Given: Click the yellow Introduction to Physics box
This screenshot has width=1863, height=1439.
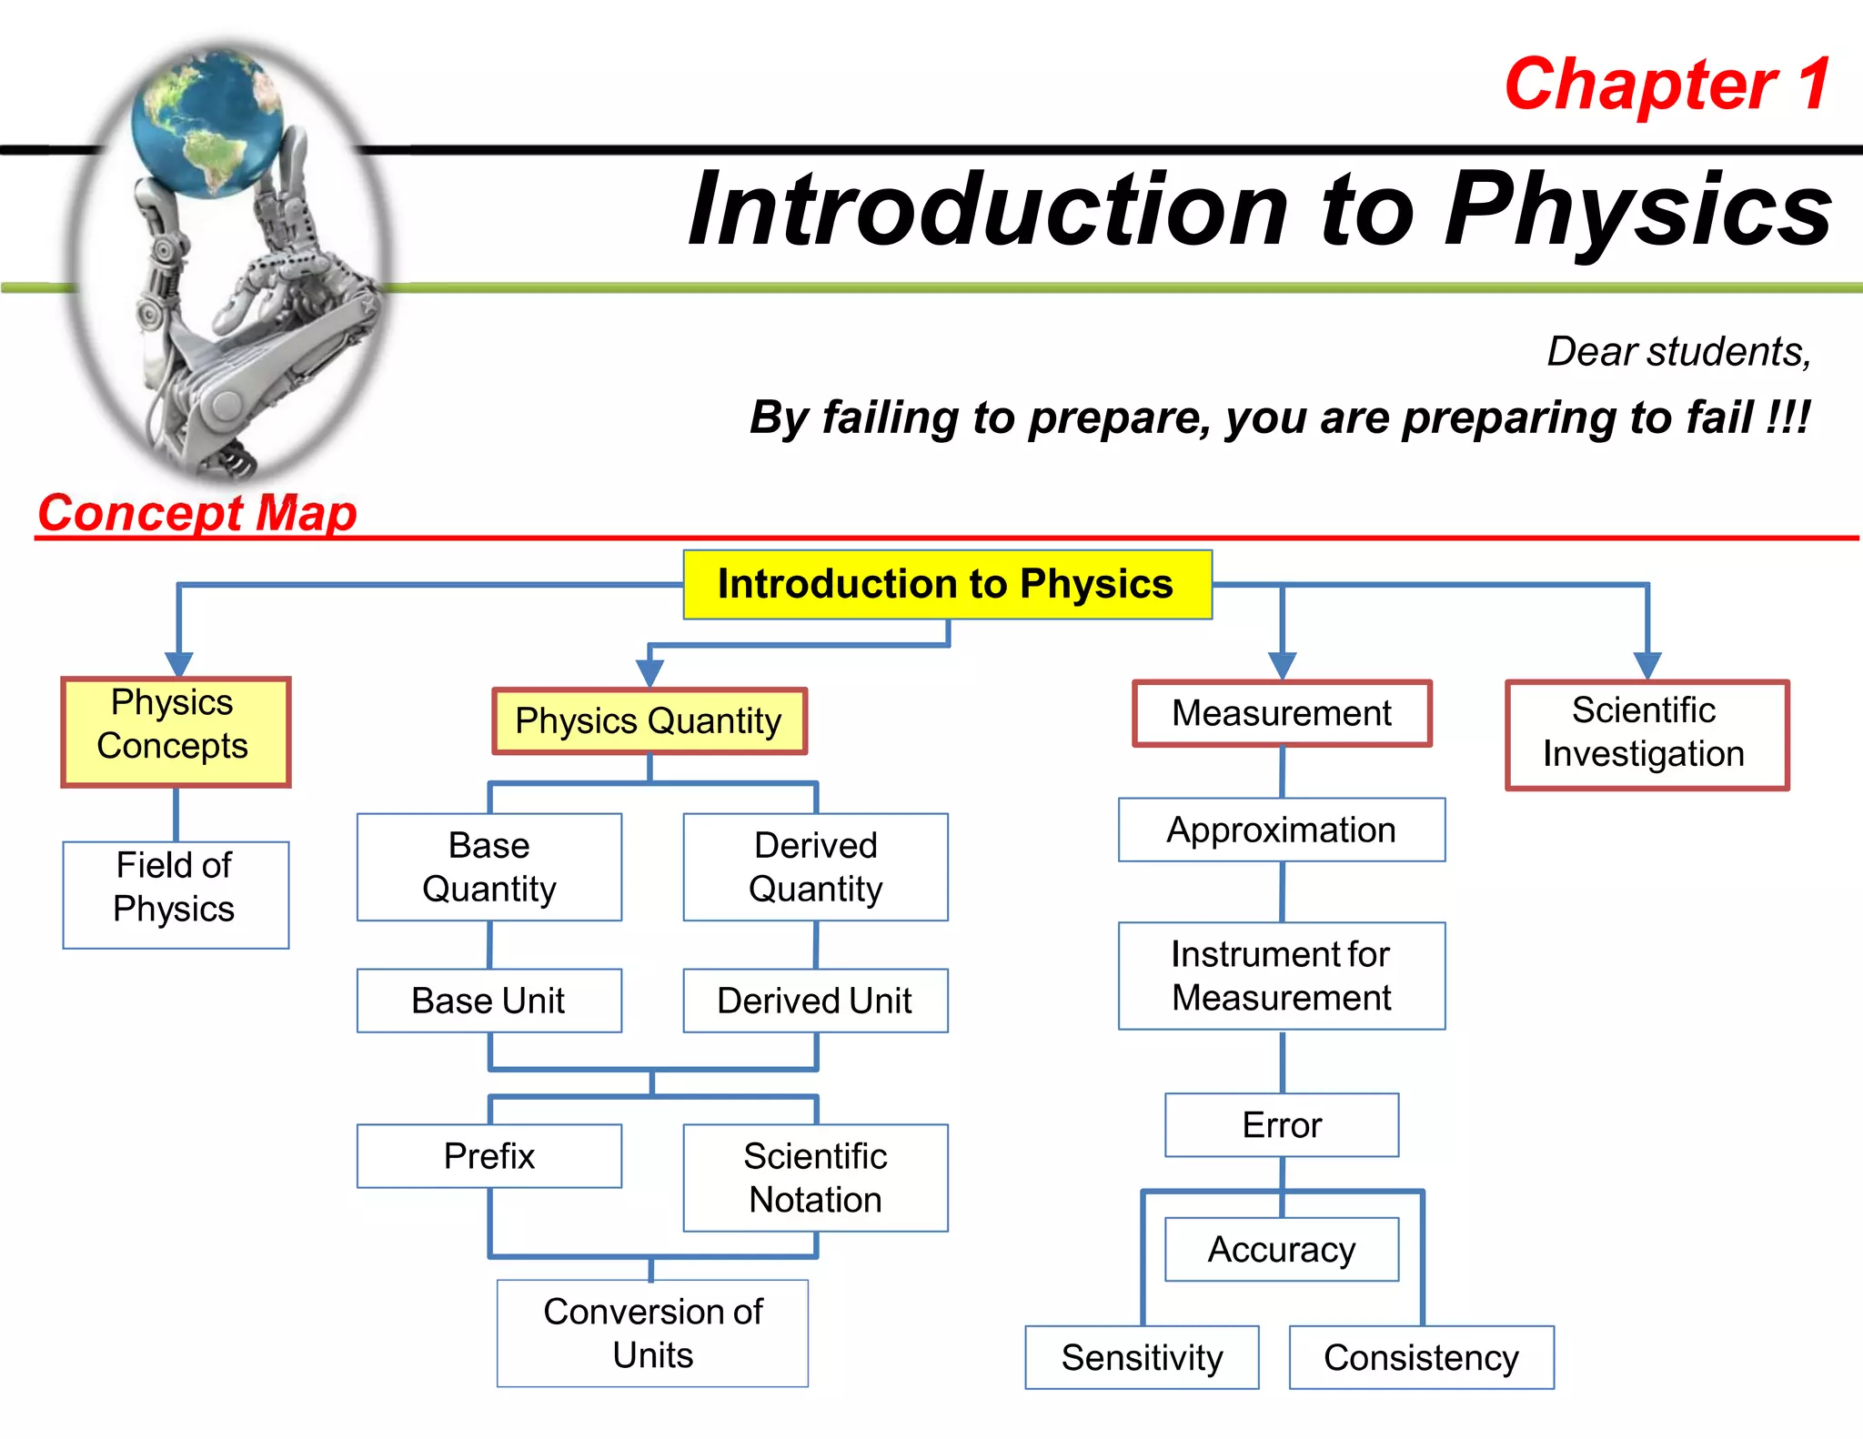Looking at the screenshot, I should tap(947, 585).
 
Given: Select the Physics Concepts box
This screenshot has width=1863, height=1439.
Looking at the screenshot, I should tap(176, 731).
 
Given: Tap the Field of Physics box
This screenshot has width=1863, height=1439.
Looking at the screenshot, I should tap(176, 894).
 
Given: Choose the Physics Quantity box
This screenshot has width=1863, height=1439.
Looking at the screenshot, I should tap(650, 721).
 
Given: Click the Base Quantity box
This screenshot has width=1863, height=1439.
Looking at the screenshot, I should tap(489, 867).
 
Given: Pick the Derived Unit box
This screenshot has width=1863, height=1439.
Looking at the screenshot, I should tap(815, 1001).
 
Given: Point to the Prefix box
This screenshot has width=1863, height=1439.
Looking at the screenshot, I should tap(489, 1156).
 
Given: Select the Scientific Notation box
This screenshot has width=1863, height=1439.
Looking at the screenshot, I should tap(815, 1178).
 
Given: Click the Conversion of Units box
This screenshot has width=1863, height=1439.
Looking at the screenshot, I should tap(652, 1333).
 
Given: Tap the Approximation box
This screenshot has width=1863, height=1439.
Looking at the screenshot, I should tap(1282, 830).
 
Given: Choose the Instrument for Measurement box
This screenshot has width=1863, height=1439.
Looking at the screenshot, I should tap(1282, 976).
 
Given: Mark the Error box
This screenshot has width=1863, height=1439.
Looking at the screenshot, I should tap(1282, 1125).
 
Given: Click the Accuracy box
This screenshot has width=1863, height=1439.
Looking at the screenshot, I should tap(1282, 1250).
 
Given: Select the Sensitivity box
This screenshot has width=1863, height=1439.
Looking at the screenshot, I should tap(1142, 1357).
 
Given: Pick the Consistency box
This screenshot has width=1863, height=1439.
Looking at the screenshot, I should tap(1421, 1357).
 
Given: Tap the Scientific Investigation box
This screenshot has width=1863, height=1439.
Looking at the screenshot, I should tap(1646, 735).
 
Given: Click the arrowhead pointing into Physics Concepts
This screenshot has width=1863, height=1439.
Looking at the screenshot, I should tap(179, 664).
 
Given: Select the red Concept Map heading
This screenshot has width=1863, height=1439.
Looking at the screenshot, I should tap(196, 513).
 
